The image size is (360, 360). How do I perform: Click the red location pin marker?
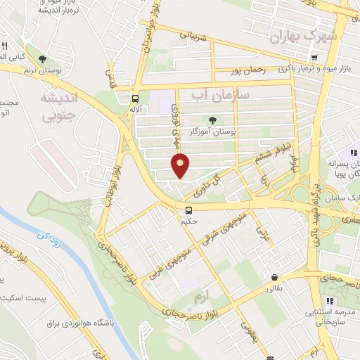pos(180,165)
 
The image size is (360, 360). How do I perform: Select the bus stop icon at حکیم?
pos(188,210)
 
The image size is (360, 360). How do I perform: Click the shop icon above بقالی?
pos(274,276)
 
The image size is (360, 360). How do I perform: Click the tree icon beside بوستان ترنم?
pos(44,59)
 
